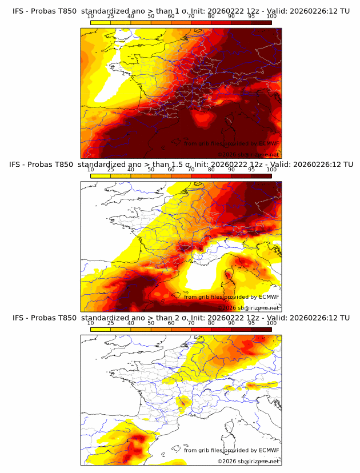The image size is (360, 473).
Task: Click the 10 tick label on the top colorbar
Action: click(x=91, y=17)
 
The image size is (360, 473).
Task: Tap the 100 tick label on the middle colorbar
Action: click(x=271, y=170)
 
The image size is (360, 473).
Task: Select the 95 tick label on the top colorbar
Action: click(x=251, y=17)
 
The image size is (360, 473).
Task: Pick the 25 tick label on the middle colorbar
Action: click(x=111, y=170)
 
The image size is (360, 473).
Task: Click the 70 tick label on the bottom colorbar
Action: click(x=191, y=323)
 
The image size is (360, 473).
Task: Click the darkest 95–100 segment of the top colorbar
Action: click(x=261, y=23)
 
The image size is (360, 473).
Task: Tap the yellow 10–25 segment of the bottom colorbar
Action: click(x=101, y=329)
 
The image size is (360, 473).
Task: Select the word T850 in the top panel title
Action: click(x=64, y=10)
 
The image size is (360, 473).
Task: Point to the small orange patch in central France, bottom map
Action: click(x=183, y=402)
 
